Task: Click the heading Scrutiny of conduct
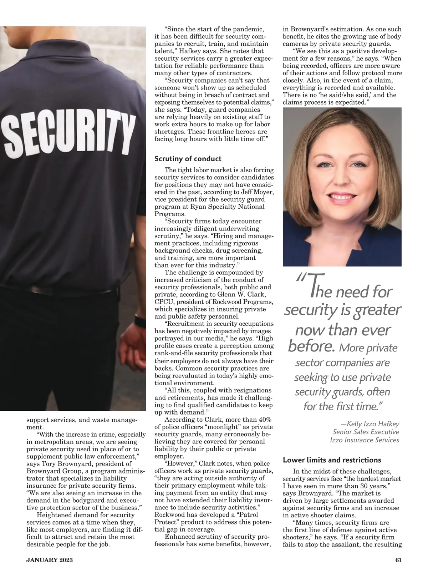click(188, 159)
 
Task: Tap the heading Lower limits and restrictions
click(332, 460)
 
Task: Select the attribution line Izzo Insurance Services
click(365, 440)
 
